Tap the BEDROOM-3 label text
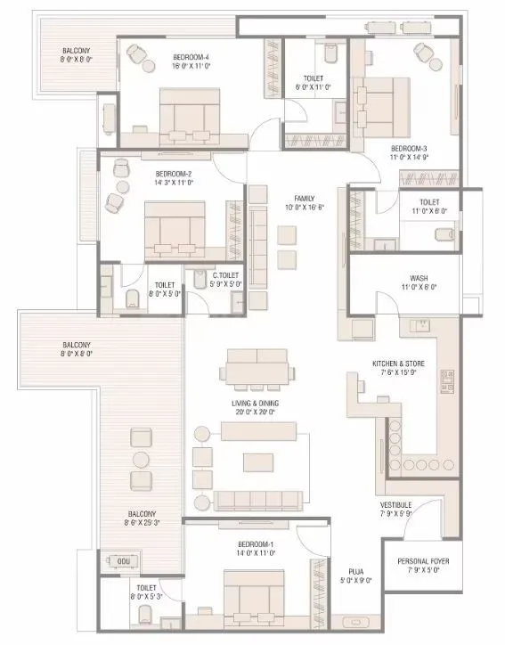pyautogui.click(x=409, y=148)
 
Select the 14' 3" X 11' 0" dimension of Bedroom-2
pyautogui.click(x=174, y=183)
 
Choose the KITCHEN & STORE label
pyautogui.click(x=402, y=364)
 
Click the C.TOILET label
pyautogui.click(x=225, y=276)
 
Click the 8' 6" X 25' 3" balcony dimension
pyautogui.click(x=142, y=523)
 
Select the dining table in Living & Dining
pyautogui.click(x=257, y=366)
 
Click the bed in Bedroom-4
pyautogui.click(x=189, y=114)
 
